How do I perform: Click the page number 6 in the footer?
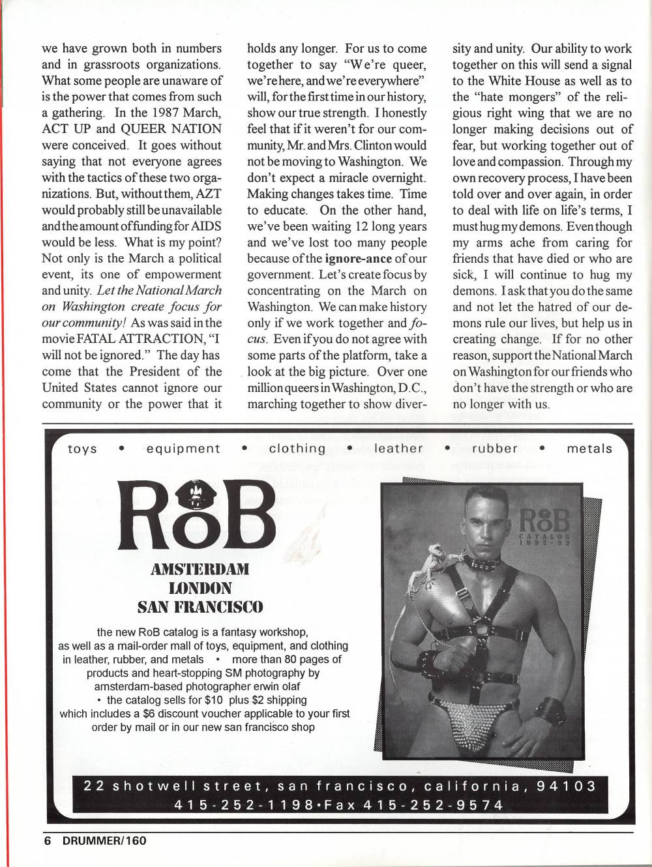[x=47, y=840]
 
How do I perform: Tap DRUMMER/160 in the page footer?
[x=104, y=840]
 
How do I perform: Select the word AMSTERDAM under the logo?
[x=200, y=568]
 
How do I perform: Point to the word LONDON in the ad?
[x=200, y=588]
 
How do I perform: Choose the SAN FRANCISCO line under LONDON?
[x=200, y=608]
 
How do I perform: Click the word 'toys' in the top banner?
[x=82, y=448]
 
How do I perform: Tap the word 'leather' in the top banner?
[x=398, y=448]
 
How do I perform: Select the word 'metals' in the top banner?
[x=589, y=448]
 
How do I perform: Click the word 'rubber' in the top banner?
[x=495, y=448]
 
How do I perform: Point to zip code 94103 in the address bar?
[x=566, y=786]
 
